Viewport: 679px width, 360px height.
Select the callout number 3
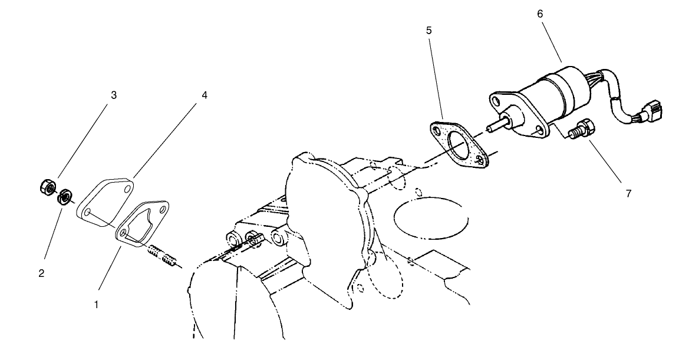[x=114, y=95]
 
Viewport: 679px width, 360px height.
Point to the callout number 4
[x=205, y=95]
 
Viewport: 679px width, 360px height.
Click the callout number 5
[x=429, y=29]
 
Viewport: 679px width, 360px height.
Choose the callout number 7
[x=629, y=193]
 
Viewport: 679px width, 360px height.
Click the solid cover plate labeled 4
[x=106, y=197]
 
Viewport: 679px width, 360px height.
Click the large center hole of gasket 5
[x=459, y=145]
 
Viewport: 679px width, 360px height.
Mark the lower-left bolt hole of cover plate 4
[x=87, y=211]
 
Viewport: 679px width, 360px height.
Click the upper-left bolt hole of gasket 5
[x=436, y=128]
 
